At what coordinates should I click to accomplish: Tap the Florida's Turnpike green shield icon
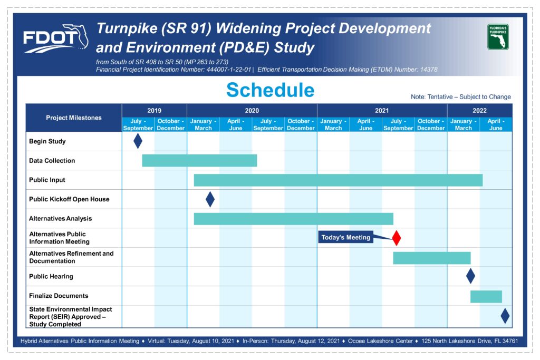[x=498, y=36]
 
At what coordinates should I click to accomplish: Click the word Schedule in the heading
[x=271, y=90]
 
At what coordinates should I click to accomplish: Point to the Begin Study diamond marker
[x=138, y=141]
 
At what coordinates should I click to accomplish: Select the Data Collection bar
[x=199, y=160]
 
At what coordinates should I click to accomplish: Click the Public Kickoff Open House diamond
[x=210, y=199]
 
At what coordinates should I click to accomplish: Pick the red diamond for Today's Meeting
[x=397, y=238]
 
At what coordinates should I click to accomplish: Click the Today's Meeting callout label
[x=346, y=237]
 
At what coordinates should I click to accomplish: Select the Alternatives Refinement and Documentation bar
[x=432, y=258]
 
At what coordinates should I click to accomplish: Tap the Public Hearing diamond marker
[x=470, y=276]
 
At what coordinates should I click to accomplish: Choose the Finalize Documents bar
[x=486, y=297]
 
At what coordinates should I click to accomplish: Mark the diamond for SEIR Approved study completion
[x=505, y=316]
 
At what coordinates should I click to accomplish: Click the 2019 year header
[x=155, y=111]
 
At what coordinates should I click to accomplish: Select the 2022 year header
[x=480, y=111]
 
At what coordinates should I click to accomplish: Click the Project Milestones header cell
[x=74, y=118]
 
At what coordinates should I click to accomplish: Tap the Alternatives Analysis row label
[x=61, y=219]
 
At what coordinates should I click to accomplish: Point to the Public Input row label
[x=47, y=180]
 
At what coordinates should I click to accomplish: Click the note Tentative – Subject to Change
[x=461, y=96]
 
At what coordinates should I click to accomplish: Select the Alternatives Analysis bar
[x=293, y=219]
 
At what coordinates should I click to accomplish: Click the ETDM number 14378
[x=429, y=70]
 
